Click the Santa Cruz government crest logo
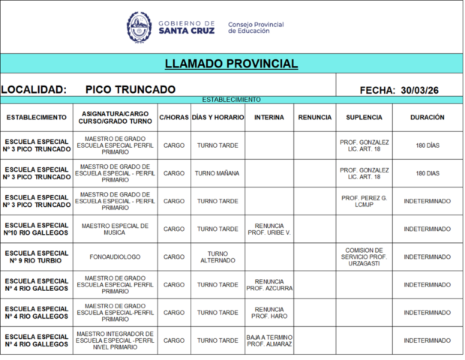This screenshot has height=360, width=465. point(139,28)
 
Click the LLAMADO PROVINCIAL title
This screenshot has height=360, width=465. point(231,64)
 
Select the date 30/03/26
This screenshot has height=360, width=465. point(419,90)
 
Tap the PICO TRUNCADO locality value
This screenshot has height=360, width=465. point(130,90)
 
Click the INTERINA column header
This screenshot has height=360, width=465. point(269,118)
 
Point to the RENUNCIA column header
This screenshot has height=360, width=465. point(314,118)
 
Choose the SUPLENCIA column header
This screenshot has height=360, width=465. point(364,118)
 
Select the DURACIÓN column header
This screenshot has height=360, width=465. point(427,118)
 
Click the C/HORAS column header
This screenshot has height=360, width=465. point(174,118)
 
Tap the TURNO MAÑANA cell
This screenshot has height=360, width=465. point(217,173)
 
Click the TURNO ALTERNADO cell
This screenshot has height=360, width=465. point(217,257)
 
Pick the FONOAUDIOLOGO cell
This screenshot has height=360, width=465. point(115,257)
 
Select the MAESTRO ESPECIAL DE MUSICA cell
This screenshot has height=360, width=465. point(115,229)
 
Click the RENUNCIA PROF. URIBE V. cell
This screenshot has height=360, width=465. point(269,229)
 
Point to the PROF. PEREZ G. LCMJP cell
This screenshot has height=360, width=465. point(364,201)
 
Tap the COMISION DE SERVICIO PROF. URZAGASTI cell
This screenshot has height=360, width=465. point(364,257)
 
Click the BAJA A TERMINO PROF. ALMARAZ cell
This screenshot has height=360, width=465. point(269,341)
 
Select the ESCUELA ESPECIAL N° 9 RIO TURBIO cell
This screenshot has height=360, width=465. point(37,257)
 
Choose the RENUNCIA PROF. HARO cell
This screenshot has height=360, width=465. point(269,313)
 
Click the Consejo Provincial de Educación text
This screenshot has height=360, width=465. point(256,28)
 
